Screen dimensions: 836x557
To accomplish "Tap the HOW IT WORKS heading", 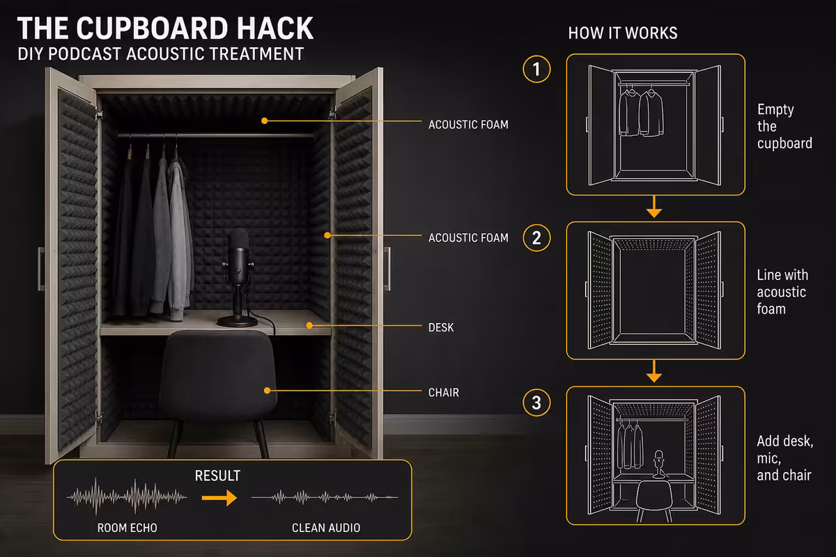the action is tap(623, 33).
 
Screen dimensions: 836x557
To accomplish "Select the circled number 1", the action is tap(536, 69).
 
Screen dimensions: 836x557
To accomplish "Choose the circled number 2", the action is tap(536, 238).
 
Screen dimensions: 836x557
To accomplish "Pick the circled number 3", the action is tap(536, 402).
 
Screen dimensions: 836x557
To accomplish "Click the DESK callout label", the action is tap(441, 327).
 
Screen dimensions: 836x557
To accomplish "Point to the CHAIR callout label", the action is tap(443, 393).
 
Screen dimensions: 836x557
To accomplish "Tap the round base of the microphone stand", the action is tap(238, 321).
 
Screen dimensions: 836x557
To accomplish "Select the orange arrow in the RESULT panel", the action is tap(219, 498).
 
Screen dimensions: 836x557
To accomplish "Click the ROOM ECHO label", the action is tap(127, 528).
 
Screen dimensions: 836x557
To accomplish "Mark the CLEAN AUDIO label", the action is tap(326, 528).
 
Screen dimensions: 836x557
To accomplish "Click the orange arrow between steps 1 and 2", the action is tap(654, 206).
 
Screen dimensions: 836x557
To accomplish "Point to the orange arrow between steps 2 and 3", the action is tap(654, 371).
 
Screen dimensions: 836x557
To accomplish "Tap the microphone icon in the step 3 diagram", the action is tap(659, 464).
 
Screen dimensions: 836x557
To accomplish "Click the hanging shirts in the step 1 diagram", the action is tap(640, 111).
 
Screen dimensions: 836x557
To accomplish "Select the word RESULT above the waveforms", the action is tap(217, 476).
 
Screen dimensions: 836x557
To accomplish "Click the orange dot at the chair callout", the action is tap(267, 391).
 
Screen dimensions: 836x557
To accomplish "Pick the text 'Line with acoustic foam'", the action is tap(782, 292).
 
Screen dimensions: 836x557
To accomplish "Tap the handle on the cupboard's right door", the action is tap(387, 269).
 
